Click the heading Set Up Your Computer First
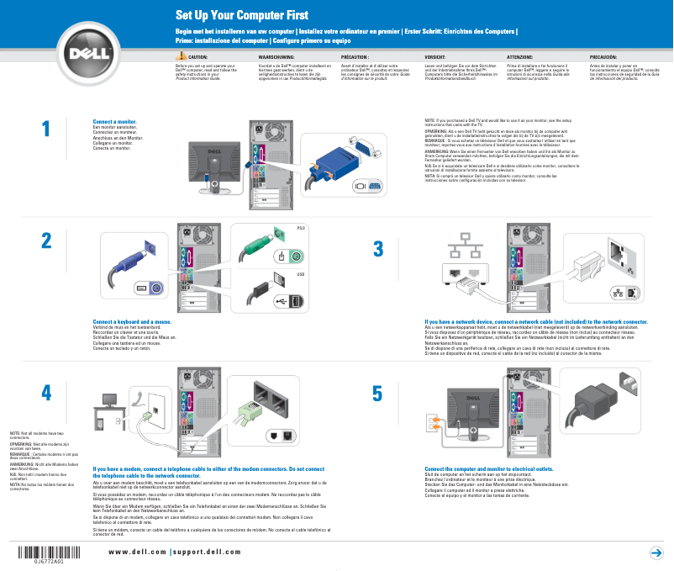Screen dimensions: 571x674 point(241,15)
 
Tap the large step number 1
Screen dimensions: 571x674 point(46,128)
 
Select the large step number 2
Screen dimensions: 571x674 point(46,240)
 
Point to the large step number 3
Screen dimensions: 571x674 point(377,249)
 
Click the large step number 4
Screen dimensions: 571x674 point(46,393)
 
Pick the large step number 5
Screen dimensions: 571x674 point(377,394)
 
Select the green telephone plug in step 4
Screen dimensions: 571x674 point(245,412)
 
